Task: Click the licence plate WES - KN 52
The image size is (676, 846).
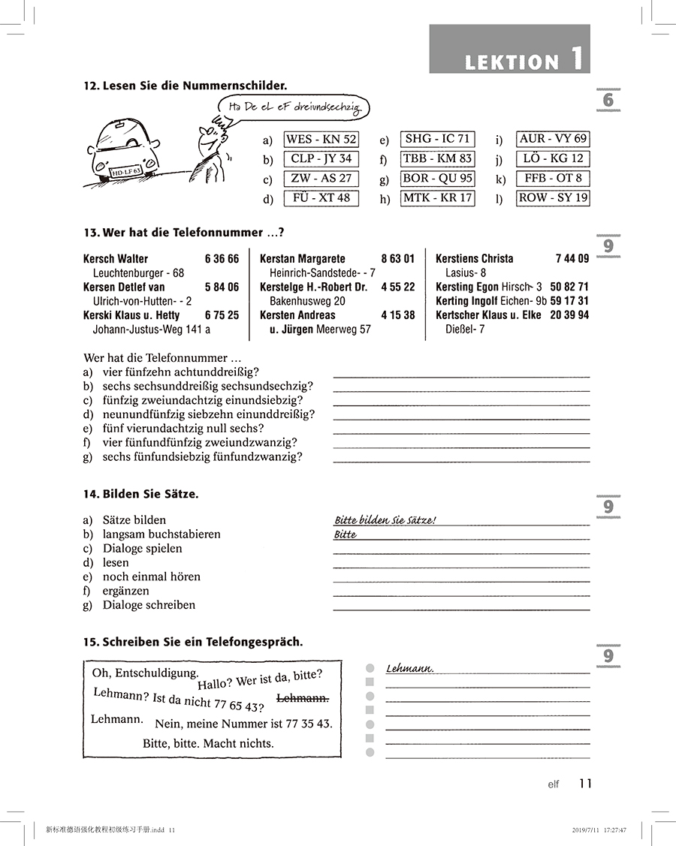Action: point(321,140)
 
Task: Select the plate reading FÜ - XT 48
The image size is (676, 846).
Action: point(321,198)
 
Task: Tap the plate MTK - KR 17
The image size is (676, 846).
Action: point(437,198)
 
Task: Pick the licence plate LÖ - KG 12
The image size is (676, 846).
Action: point(553,158)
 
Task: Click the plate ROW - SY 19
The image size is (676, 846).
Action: point(553,198)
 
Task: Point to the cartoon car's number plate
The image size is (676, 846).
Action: point(125,172)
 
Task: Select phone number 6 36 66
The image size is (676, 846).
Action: point(222,259)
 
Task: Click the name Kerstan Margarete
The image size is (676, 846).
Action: point(303,259)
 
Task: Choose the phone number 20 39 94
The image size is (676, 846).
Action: point(569,315)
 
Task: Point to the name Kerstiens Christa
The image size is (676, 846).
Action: point(475,259)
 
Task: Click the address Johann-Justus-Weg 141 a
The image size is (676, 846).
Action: point(151,330)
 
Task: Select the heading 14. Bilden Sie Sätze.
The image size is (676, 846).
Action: point(141,494)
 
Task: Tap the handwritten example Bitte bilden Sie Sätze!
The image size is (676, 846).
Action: point(385,520)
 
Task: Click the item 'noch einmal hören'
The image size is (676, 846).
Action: point(152,577)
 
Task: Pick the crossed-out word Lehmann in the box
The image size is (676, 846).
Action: point(303,699)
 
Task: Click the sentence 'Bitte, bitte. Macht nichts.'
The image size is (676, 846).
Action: point(208,743)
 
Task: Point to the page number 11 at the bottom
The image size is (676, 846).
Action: point(586,784)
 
